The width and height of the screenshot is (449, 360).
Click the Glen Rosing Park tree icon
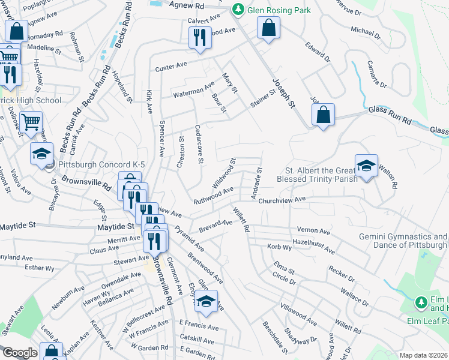point(238,10)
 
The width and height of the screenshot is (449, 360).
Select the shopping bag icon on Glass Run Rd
point(323,115)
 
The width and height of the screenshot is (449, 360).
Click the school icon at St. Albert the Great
point(366,166)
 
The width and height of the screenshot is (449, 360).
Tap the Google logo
point(19,353)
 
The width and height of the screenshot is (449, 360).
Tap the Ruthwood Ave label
point(213,196)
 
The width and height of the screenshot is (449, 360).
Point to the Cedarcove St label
point(199,144)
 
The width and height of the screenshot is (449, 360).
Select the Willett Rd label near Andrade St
point(241,220)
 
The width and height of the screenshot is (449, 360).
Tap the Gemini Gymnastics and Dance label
point(403,241)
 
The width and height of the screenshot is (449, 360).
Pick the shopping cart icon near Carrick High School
point(30,122)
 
